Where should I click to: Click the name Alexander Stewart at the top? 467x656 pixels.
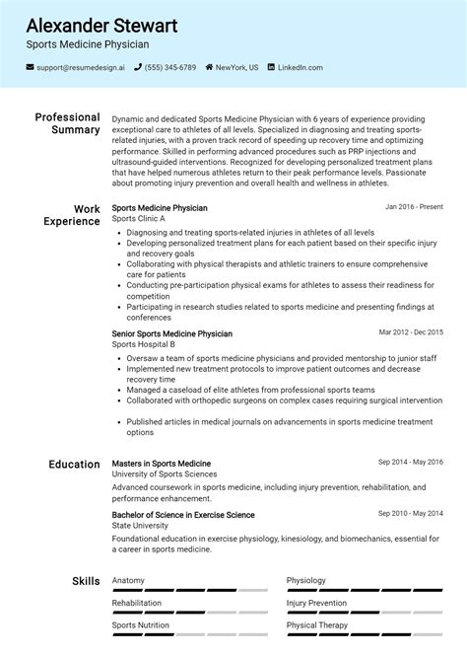(101, 25)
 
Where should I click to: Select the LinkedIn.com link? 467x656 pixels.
(300, 67)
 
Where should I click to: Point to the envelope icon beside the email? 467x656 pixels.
(31, 67)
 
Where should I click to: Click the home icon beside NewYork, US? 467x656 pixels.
(208, 67)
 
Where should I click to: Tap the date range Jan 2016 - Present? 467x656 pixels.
(414, 207)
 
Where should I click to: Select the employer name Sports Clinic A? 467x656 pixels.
(138, 218)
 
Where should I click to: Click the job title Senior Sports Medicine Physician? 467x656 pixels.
(172, 334)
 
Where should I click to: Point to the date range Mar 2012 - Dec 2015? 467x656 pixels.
(411, 332)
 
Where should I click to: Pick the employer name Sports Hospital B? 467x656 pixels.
(144, 344)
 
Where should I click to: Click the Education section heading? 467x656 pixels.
(74, 464)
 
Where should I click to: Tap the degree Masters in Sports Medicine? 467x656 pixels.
(162, 464)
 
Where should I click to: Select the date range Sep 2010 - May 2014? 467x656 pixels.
(411, 513)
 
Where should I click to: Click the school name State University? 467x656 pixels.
(140, 526)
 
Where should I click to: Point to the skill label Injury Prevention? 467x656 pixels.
(316, 603)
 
